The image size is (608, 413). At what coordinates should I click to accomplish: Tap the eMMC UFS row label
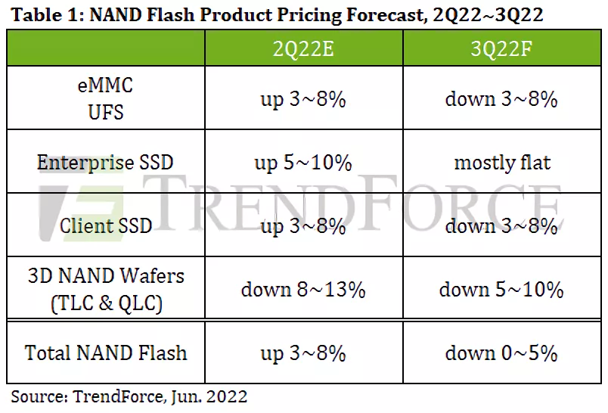[105, 99]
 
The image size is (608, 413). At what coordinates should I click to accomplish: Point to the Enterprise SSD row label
[105, 163]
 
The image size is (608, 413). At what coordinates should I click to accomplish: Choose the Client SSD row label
[105, 225]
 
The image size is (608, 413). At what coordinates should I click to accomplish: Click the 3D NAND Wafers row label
[105, 289]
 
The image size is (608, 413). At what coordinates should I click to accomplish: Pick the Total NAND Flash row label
[105, 352]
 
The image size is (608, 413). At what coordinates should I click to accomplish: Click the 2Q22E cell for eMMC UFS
[302, 99]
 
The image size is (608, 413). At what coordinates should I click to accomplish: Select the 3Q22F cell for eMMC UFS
[501, 99]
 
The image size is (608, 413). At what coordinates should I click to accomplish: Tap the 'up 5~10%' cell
[302, 163]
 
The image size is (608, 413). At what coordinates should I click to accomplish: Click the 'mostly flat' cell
[501, 163]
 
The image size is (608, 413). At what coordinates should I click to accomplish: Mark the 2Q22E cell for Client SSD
[302, 225]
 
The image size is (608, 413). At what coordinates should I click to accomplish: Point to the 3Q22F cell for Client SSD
[501, 225]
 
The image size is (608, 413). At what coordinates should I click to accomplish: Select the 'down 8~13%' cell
[302, 289]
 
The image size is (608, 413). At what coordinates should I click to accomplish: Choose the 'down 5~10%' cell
[501, 289]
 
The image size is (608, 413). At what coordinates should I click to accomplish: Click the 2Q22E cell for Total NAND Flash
[302, 352]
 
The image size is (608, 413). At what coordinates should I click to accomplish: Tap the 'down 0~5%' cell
[501, 352]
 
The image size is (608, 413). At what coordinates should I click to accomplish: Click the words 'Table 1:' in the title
[37, 14]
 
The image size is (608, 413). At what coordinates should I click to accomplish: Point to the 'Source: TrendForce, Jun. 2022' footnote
[129, 396]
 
